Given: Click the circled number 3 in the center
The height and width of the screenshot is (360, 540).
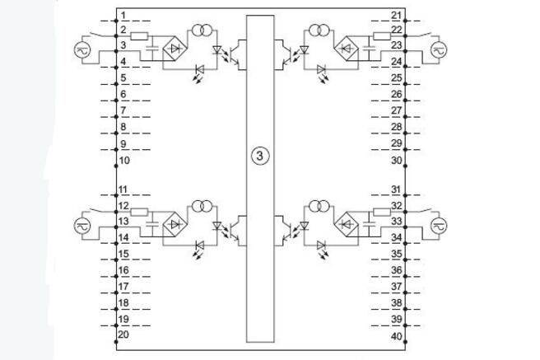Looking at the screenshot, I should [258, 155].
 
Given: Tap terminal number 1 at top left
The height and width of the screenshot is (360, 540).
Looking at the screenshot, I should [123, 16].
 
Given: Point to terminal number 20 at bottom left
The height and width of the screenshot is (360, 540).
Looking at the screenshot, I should [124, 335].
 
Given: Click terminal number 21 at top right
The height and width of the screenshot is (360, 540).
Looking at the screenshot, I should [396, 16].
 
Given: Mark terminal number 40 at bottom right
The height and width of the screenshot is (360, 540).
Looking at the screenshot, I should [396, 336].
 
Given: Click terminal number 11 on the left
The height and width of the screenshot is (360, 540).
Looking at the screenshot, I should [123, 190].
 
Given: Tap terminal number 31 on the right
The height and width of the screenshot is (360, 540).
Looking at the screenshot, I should [396, 190].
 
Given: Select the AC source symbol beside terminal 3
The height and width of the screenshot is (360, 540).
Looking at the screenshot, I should [82, 49].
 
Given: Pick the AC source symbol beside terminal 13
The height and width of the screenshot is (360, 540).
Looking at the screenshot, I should [82, 223].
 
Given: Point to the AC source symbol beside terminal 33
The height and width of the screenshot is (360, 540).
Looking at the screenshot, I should [437, 223].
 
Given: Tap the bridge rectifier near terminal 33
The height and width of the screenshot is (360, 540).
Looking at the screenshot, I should [347, 223].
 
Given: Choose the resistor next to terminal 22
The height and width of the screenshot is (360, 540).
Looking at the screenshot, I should [380, 35].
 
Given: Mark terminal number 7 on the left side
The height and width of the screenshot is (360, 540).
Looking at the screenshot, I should [123, 110].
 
